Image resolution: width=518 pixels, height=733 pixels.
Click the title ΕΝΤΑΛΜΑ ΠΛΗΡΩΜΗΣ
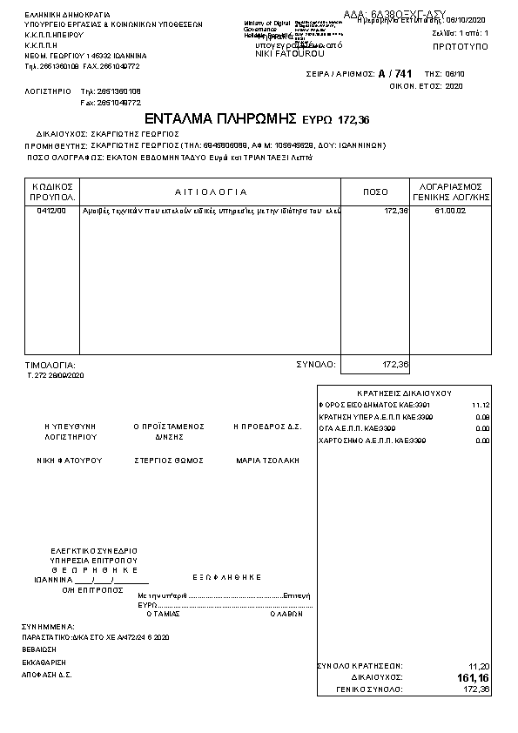pos(221,118)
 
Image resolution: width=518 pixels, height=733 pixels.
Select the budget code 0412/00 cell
pos(51,211)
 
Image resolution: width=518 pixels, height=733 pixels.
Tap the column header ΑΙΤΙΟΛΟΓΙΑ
pos(211,192)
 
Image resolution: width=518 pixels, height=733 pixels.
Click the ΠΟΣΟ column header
pos(375,192)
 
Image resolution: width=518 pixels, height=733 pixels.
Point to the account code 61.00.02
pos(450,211)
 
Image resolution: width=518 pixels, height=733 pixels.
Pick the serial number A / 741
pos(395,74)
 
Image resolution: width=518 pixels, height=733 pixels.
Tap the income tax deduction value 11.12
pos(481,406)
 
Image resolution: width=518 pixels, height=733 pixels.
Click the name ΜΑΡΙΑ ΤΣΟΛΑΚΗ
pos(267,460)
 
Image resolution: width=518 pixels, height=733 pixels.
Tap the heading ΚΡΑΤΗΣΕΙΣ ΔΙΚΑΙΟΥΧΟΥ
pos(405,393)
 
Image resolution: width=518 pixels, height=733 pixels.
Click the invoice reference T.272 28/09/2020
pos(56,375)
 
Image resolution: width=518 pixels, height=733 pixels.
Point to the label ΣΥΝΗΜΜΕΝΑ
pos(49,626)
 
